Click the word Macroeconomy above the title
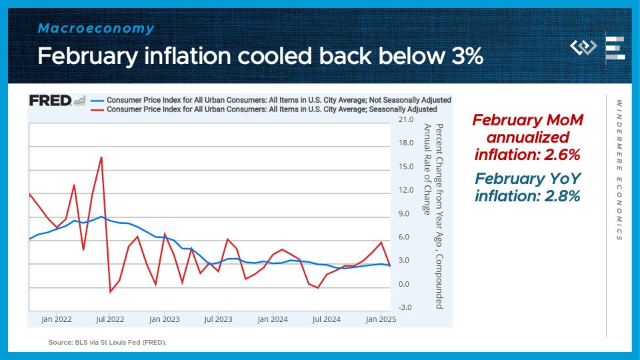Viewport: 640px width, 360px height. point(96,29)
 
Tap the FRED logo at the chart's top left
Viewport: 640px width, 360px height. point(51,101)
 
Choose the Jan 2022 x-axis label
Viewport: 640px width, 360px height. point(56,319)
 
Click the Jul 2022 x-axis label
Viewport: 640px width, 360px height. point(110,319)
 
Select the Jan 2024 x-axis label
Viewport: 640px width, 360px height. point(273,319)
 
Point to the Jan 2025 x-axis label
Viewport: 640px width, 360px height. point(381,319)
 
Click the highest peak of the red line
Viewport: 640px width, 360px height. point(101,157)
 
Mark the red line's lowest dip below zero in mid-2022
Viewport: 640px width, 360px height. point(111,291)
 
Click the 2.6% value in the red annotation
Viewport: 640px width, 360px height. point(561,155)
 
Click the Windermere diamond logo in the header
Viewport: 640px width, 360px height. point(583,48)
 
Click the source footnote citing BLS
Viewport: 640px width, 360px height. point(107,342)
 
